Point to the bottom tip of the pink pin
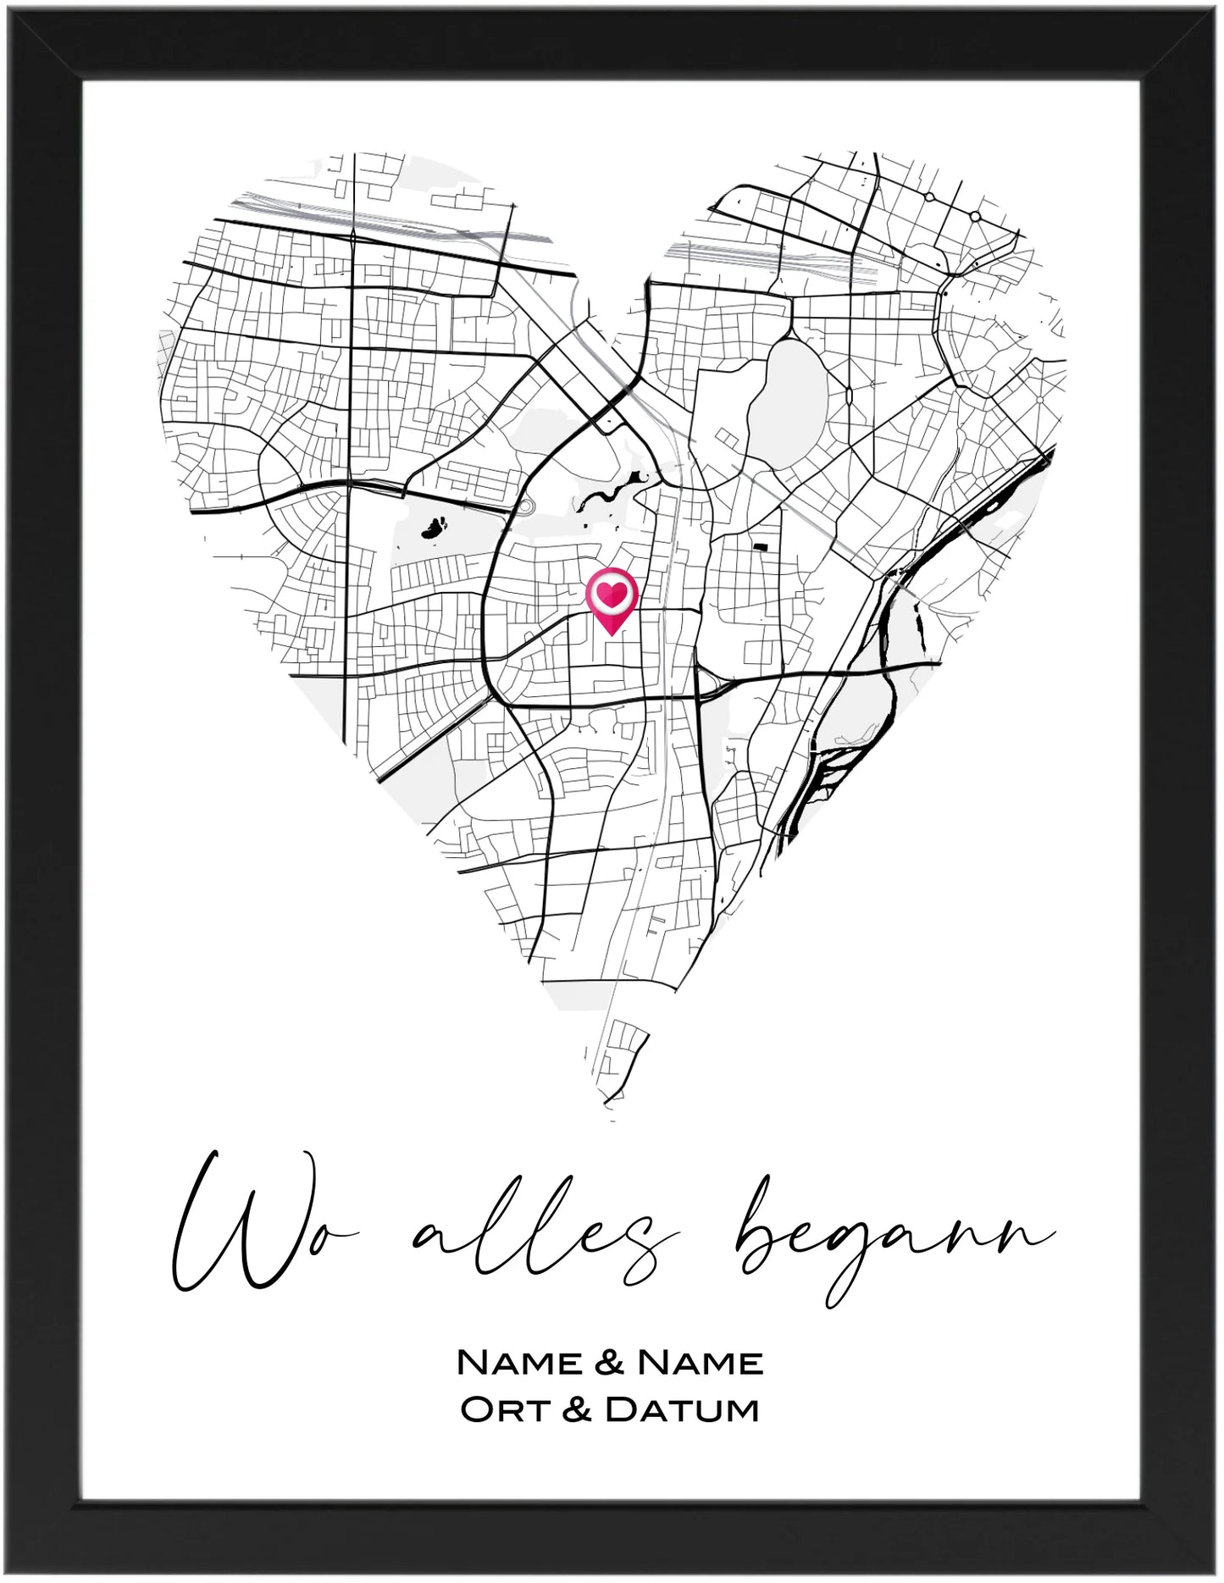click(x=612, y=634)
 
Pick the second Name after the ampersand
click(x=701, y=1363)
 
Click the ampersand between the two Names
click(x=611, y=1363)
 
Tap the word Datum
click(x=683, y=1410)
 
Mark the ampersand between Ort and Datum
click(x=575, y=1410)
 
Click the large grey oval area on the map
click(x=795, y=398)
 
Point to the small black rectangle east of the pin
click(x=761, y=546)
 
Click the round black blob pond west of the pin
click(x=435, y=529)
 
